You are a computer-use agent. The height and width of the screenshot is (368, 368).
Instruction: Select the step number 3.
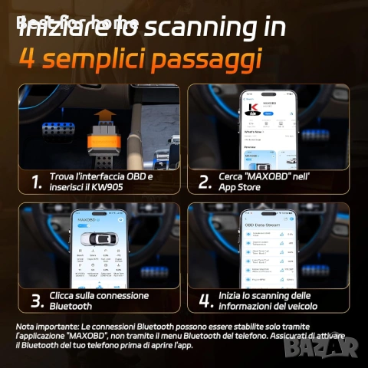[36, 300]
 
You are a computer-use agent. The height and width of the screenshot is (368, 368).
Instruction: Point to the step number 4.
[204, 300]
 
